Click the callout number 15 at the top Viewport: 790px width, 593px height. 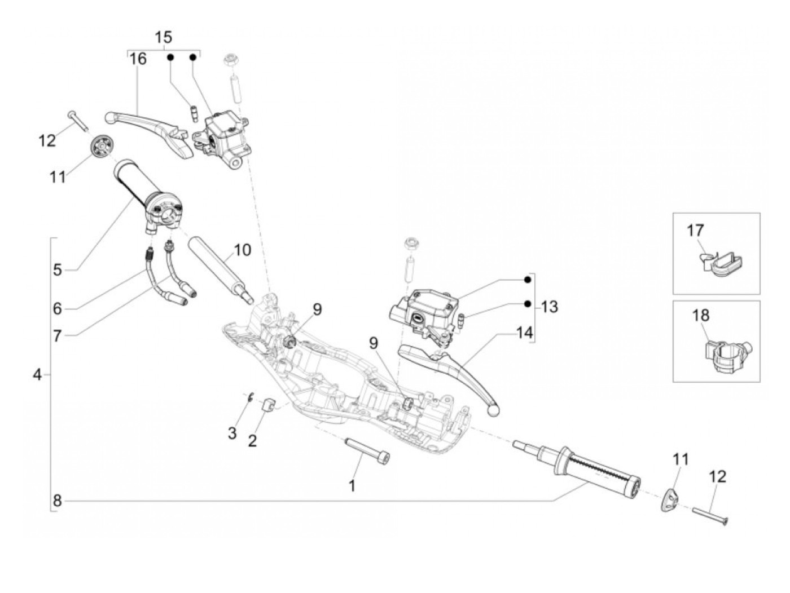point(163,38)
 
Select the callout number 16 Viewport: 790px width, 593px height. point(138,59)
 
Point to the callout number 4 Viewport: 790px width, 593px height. point(37,374)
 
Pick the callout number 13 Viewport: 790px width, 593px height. point(548,307)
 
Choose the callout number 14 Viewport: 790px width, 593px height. point(524,333)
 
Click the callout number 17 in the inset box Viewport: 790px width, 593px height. point(695,231)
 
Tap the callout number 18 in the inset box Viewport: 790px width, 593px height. point(701,315)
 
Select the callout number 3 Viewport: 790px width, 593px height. point(232,433)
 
